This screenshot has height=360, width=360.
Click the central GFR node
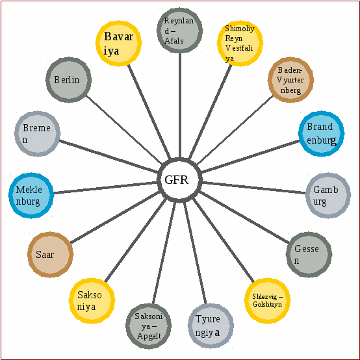point(180,180)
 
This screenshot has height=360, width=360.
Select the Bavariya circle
point(118,44)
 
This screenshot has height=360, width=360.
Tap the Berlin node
point(68,80)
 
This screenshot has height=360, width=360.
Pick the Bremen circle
point(37,134)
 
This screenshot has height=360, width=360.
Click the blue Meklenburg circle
point(31,196)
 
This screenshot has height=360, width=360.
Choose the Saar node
point(50,255)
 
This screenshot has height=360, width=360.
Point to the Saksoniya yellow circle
point(92,301)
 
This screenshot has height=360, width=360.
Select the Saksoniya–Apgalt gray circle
point(149,326)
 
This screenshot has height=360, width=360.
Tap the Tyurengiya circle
point(211,326)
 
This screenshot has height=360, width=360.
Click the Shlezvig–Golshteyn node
point(268,300)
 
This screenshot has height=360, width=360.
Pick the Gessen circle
point(309,255)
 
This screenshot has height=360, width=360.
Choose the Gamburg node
point(328,196)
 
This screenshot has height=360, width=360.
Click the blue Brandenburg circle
point(322,134)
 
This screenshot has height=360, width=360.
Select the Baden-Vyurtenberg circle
point(291,80)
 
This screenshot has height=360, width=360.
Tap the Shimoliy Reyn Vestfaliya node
point(240,44)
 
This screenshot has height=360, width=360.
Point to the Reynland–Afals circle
point(180,31)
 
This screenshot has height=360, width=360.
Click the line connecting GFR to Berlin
point(124,130)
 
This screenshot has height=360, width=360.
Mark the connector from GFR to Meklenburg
point(105,188)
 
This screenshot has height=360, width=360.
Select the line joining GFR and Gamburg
point(254,188)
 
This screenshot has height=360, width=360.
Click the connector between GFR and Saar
point(114,218)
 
